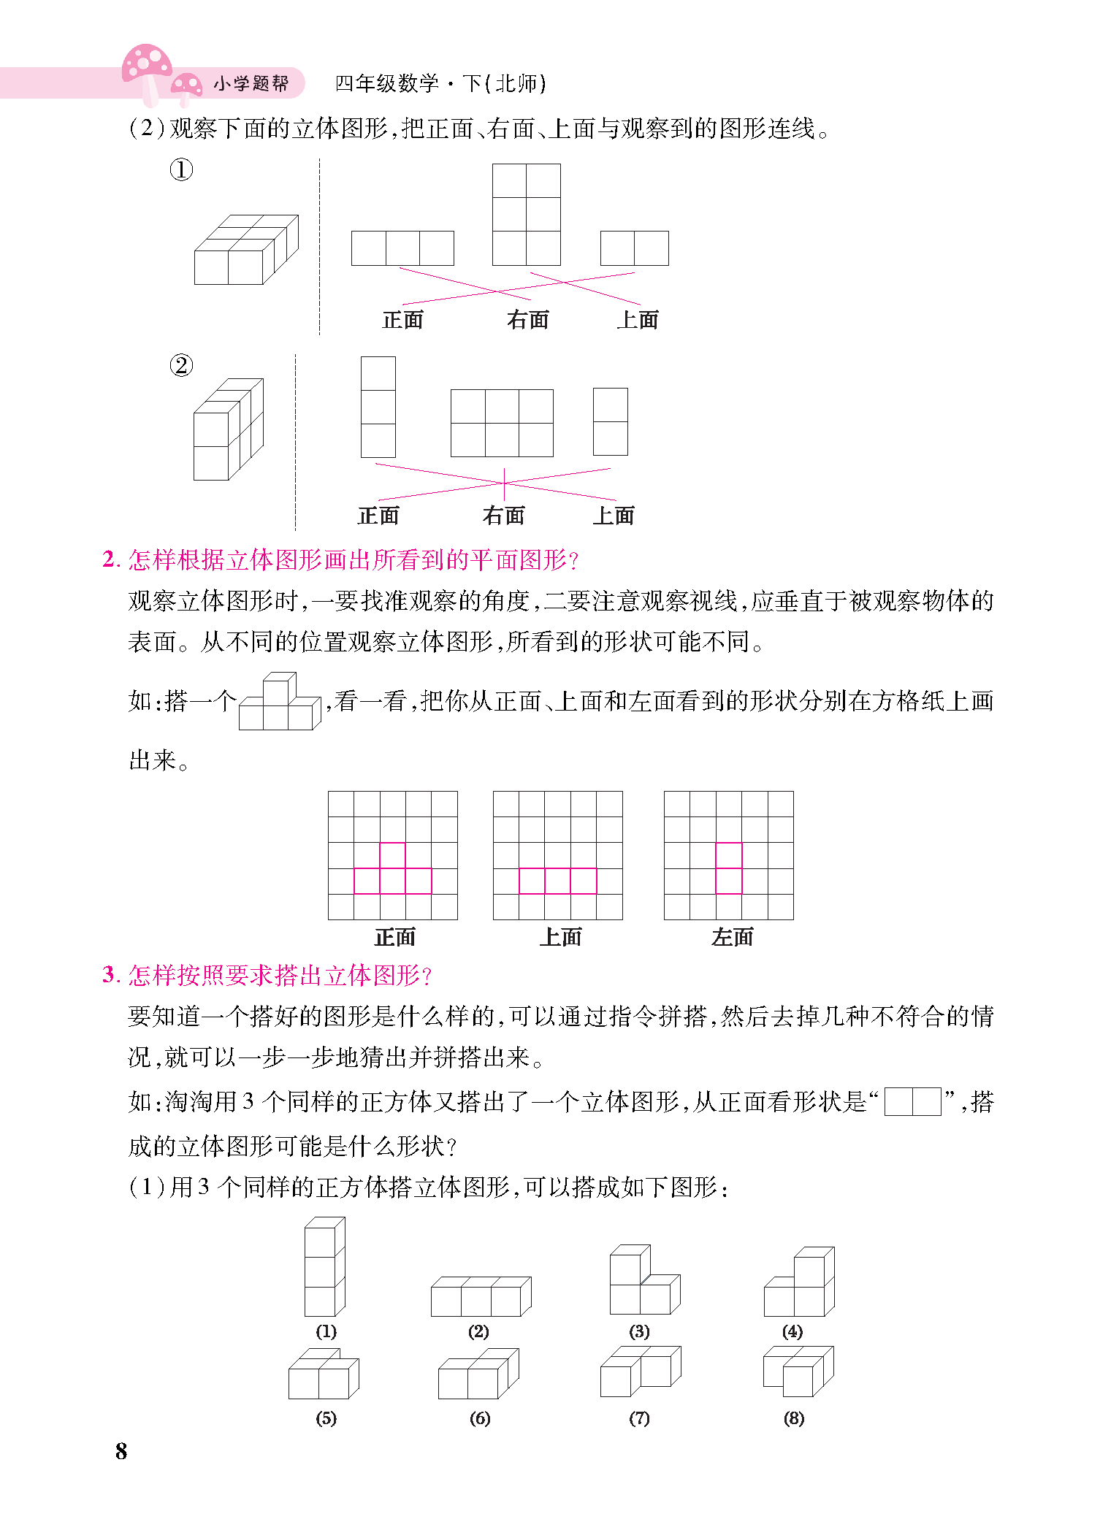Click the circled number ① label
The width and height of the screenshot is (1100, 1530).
pyautogui.click(x=181, y=170)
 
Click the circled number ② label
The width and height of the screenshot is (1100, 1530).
pyautogui.click(x=181, y=365)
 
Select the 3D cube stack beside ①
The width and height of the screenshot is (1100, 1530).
pyautogui.click(x=245, y=250)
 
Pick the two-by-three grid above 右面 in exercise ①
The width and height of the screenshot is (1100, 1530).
pyautogui.click(x=526, y=214)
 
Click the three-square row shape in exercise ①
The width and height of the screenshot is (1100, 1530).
pyautogui.click(x=402, y=248)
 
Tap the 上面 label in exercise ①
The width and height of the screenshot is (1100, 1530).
pyautogui.click(x=637, y=320)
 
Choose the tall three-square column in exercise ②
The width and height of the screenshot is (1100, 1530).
pyautogui.click(x=378, y=407)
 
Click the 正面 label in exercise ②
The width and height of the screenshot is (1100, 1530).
pyautogui.click(x=378, y=516)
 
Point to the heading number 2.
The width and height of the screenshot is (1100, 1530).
pyautogui.click(x=110, y=559)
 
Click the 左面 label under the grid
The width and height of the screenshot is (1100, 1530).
pyautogui.click(x=732, y=937)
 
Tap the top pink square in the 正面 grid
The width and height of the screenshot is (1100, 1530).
pyautogui.click(x=392, y=855)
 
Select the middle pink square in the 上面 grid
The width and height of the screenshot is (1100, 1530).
pyautogui.click(x=557, y=881)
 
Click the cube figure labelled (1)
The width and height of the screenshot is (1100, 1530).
pyautogui.click(x=324, y=1266)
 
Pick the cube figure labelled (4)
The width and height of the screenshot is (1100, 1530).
pyautogui.click(x=799, y=1282)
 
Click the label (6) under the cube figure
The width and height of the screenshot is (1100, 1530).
pyautogui.click(x=479, y=1418)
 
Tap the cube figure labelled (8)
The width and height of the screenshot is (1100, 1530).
pyautogui.click(x=798, y=1372)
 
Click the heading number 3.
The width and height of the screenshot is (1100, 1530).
pyautogui.click(x=110, y=975)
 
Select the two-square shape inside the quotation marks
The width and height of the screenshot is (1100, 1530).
pyautogui.click(x=912, y=1101)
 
